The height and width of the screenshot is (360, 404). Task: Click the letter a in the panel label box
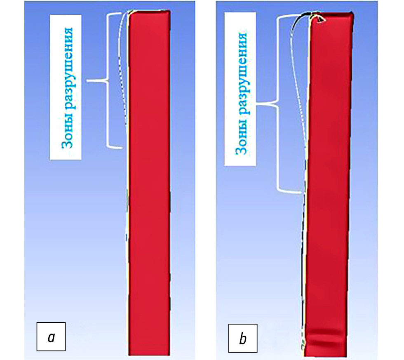click(51, 337)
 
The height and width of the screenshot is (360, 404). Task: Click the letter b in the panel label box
click(243, 339)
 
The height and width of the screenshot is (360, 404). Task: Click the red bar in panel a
click(149, 186)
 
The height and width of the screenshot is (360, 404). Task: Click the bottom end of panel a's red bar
click(149, 353)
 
